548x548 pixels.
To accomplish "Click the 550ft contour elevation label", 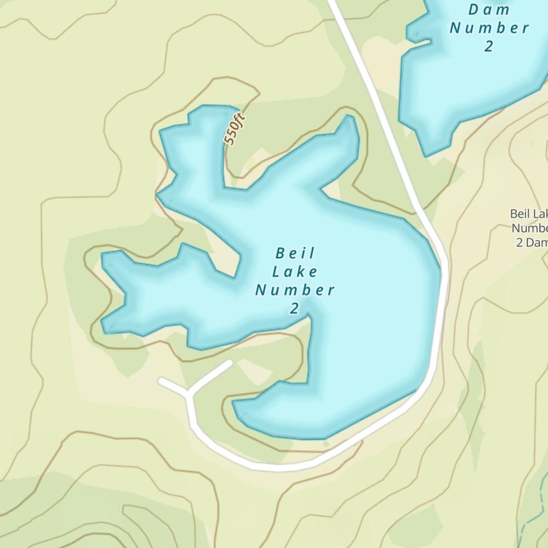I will [x=234, y=129].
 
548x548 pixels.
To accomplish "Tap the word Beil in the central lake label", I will [x=296, y=253].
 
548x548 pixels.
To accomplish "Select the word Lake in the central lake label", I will [x=295, y=271].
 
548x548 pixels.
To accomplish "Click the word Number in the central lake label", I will [x=295, y=290].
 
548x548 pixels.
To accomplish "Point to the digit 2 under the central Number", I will [x=295, y=309].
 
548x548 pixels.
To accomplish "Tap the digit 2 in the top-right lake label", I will [x=488, y=47].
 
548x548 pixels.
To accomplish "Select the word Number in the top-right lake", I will [x=489, y=28].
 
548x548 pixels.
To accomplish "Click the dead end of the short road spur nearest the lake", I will [x=230, y=363].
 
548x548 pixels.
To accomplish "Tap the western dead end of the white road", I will [x=161, y=380].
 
